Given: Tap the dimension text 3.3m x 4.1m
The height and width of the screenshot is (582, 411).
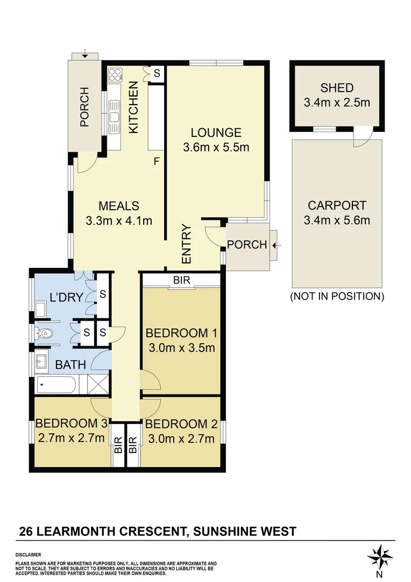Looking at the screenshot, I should (119, 220).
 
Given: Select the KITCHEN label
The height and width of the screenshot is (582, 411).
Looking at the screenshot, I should (134, 107).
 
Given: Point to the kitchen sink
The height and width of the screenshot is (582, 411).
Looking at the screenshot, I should (114, 116).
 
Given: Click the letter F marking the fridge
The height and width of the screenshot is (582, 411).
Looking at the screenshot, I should (157, 161).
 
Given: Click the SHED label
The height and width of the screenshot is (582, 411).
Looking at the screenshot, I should (337, 88).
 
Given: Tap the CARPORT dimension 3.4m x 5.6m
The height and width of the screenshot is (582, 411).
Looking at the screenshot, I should (337, 220).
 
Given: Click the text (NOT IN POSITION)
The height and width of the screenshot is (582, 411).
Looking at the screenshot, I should (337, 296).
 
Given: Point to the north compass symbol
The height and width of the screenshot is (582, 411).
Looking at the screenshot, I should (380, 556).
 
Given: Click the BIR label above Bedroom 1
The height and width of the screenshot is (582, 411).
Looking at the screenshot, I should (181, 280).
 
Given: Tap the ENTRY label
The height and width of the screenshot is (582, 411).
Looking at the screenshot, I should (187, 244).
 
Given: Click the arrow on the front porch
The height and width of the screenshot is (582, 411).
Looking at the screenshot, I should (276, 245).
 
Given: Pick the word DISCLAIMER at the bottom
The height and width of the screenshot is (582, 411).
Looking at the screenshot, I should (28, 555).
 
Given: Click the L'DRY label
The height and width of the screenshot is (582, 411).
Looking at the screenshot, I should (62, 296).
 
